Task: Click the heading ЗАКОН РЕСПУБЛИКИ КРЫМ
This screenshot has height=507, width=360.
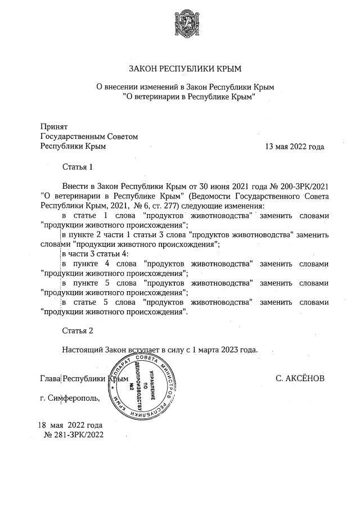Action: pyautogui.click(x=185, y=69)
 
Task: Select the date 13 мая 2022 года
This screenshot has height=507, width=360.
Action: pyautogui.click(x=295, y=147)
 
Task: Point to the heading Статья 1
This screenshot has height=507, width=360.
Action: pyautogui.click(x=77, y=167)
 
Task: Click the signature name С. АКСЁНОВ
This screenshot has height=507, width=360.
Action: pyautogui.click(x=300, y=378)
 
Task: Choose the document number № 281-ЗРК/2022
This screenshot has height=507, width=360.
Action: pyautogui.click(x=74, y=434)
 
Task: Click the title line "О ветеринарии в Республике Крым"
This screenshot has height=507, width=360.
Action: pyautogui.click(x=185, y=97)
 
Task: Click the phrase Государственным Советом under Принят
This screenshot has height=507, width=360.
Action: pyautogui.click(x=89, y=137)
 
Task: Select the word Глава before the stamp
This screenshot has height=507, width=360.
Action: pyautogui.click(x=50, y=378)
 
